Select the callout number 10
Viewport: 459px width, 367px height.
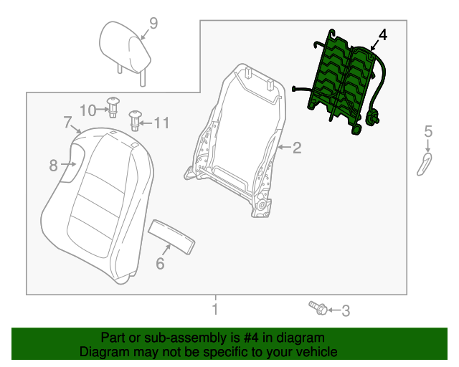pyautogui.click(x=87, y=110)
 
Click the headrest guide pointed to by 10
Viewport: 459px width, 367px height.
pyautogui.click(x=113, y=106)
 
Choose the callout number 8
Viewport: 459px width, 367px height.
pyautogui.click(x=53, y=166)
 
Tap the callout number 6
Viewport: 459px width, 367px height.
pyautogui.click(x=160, y=264)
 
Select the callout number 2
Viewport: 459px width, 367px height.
pyautogui.click(x=296, y=148)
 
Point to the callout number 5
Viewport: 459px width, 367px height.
pyautogui.click(x=428, y=130)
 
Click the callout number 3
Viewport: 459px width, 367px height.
pyautogui.click(x=345, y=311)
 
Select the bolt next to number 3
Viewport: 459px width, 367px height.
pyautogui.click(x=319, y=308)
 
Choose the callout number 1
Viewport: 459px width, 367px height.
pyautogui.click(x=214, y=310)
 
